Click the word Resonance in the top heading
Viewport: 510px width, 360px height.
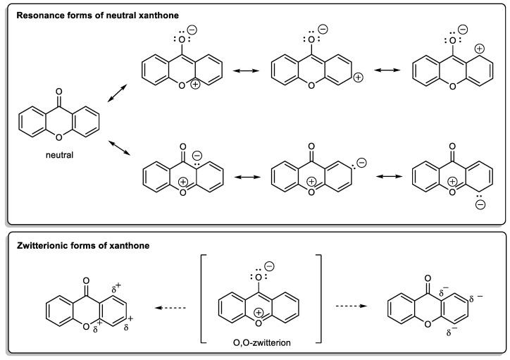[39, 15]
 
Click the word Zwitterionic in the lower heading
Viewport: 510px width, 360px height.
[44, 245]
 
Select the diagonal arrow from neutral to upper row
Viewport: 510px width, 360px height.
[118, 94]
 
